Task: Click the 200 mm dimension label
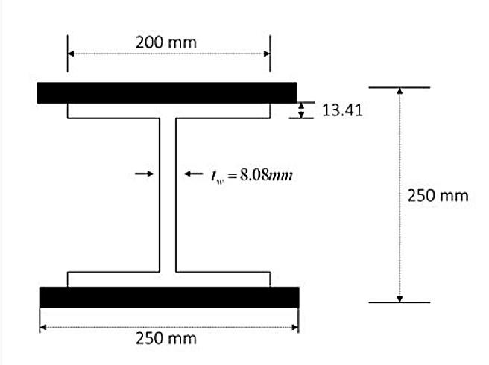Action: pos(166,42)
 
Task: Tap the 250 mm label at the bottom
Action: pos(166,338)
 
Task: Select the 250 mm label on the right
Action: pos(438,195)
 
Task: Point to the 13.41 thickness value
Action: pos(341,111)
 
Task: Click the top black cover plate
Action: pos(167,92)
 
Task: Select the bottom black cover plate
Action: pos(169,296)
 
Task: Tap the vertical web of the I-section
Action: pos(167,195)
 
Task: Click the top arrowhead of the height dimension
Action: pos(400,92)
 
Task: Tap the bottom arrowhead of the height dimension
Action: pos(400,298)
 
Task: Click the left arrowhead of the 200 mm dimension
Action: pos(72,54)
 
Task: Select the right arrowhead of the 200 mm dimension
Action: pos(266,54)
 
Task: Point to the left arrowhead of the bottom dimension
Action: pos(43,326)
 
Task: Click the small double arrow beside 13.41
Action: pos(301,111)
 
